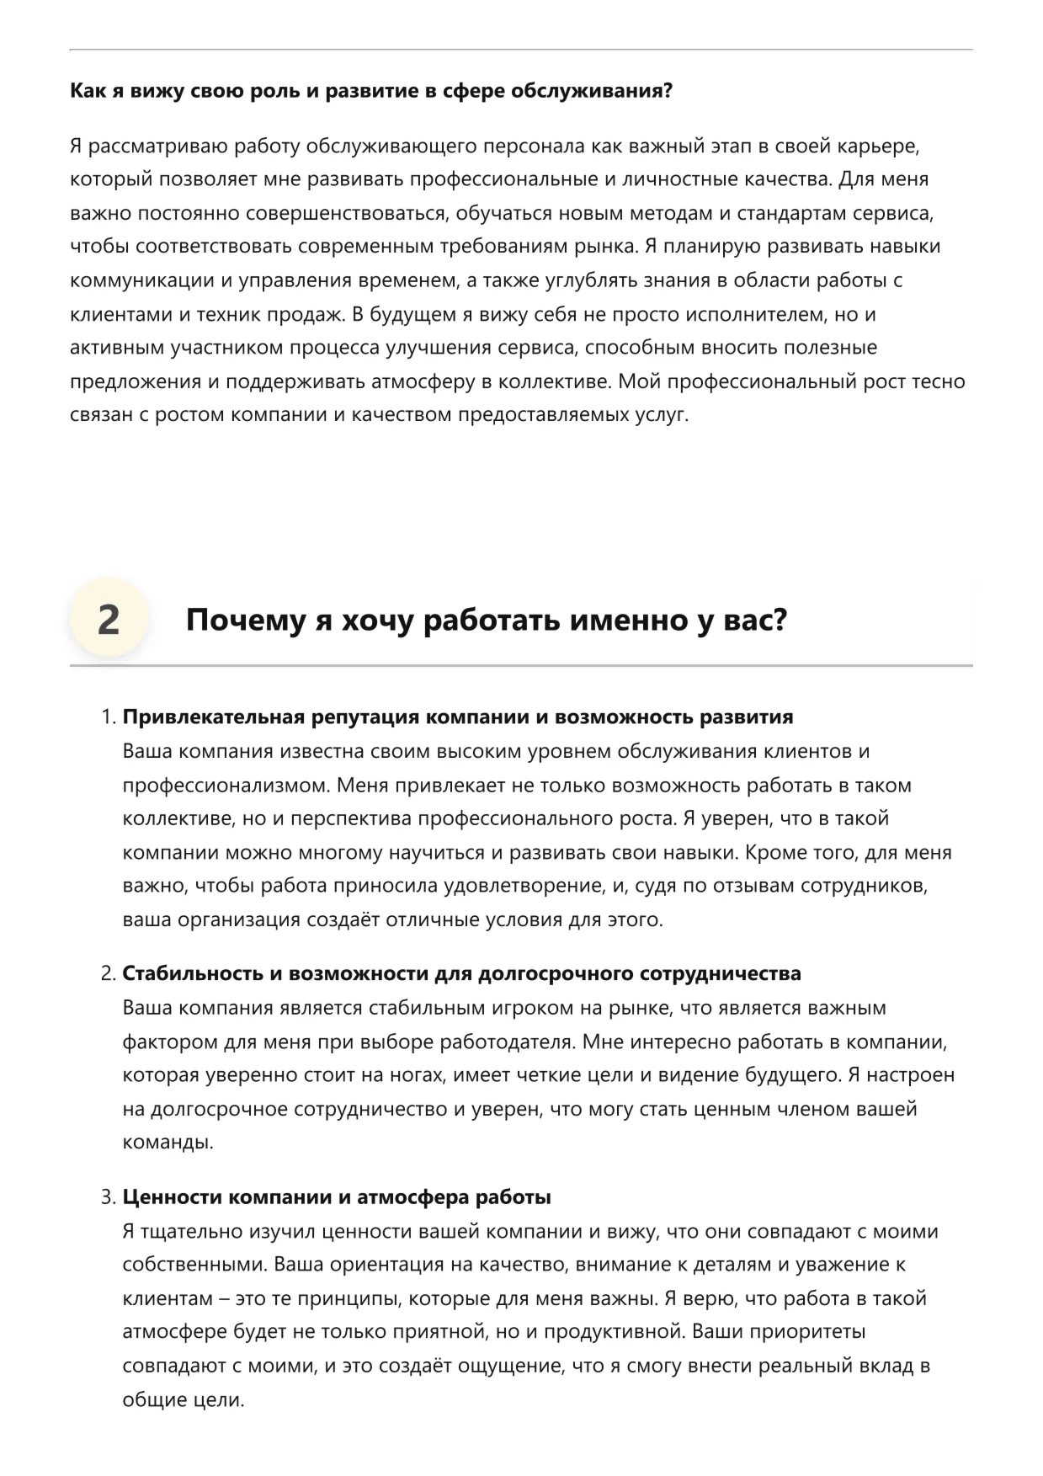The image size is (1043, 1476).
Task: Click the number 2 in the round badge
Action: [x=109, y=620]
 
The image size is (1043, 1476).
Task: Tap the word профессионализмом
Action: [x=226, y=785]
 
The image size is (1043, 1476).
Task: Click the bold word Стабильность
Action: [x=193, y=974]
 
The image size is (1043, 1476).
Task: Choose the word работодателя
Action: [x=507, y=1042]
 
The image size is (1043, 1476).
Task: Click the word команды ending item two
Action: [x=167, y=1143]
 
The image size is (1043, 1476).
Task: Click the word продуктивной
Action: [x=611, y=1332]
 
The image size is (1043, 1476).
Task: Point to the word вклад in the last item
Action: [x=883, y=1366]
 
